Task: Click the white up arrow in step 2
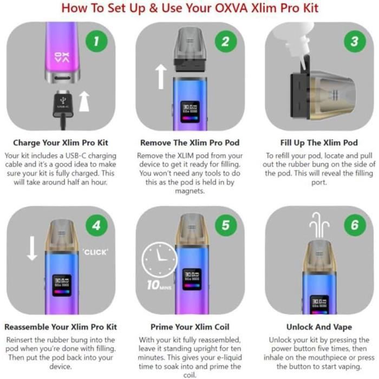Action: coord(160,76)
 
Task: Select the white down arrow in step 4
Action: coord(32,247)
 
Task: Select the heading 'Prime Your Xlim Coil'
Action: coord(190,327)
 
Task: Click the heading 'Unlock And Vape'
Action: coord(319,327)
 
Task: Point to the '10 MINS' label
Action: coord(158,285)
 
